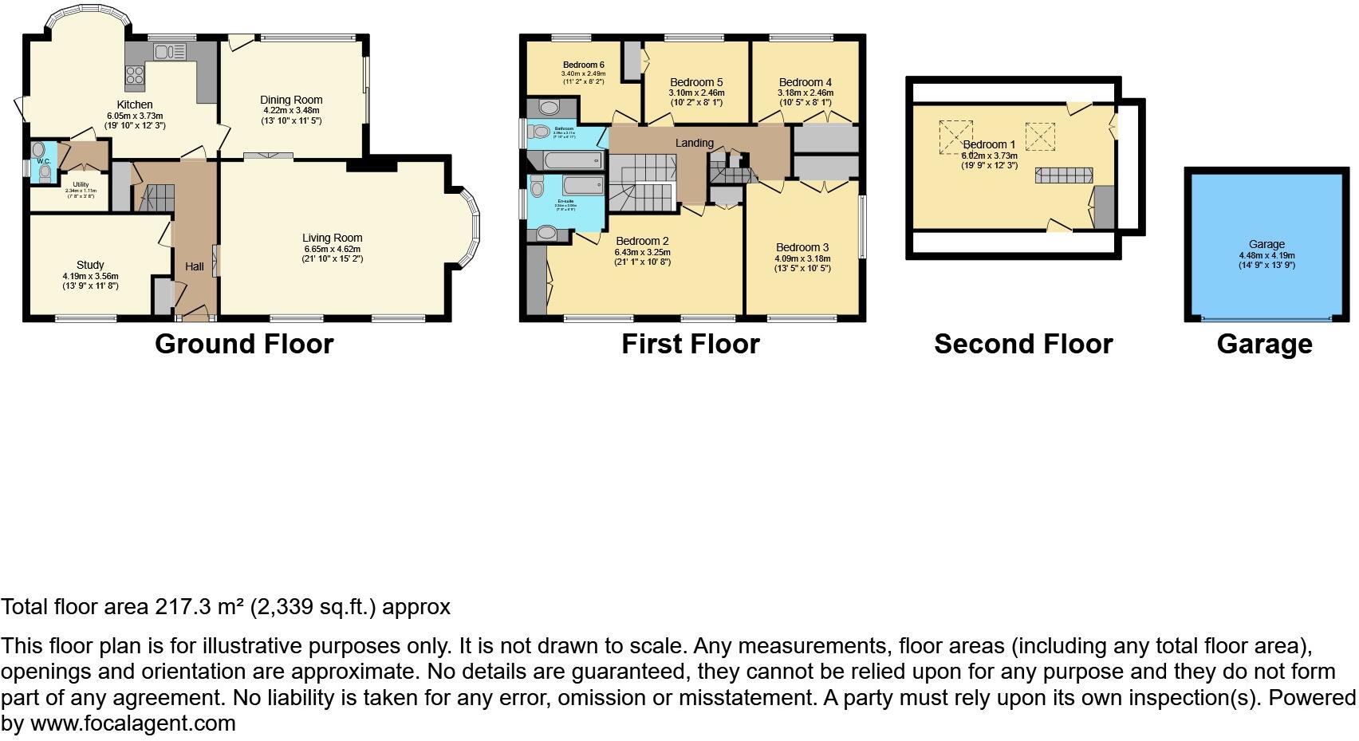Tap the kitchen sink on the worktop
coord(169,53)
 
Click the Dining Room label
coord(291,100)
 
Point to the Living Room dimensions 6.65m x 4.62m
coord(332,249)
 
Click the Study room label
coord(90,265)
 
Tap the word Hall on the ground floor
coord(195,266)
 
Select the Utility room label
coord(81,184)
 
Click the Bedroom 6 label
coord(583,65)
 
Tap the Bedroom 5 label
coord(696,82)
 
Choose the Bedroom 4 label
coord(806,82)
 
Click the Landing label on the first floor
coord(694,143)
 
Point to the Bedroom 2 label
coord(642,241)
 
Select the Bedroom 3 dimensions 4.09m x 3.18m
coord(802,258)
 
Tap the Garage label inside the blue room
coord(1266,245)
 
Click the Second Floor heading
coord(1023,344)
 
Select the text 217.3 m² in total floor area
coord(199,607)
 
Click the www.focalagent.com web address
coord(133,723)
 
